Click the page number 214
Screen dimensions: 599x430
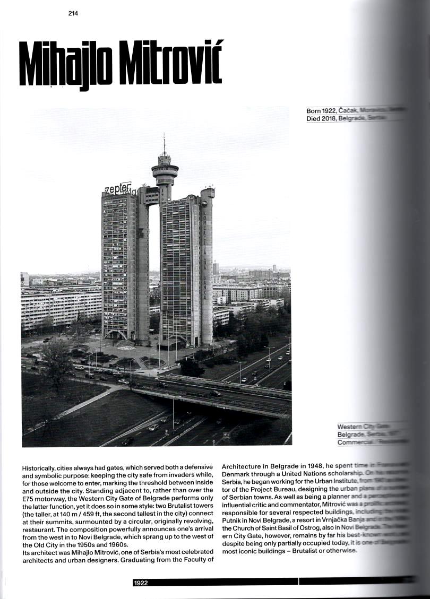click(73, 14)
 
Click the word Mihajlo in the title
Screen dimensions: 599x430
click(66, 65)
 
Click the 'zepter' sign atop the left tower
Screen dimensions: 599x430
click(117, 188)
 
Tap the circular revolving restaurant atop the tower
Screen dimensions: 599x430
click(165, 171)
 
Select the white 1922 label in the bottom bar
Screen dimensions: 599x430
click(141, 583)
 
